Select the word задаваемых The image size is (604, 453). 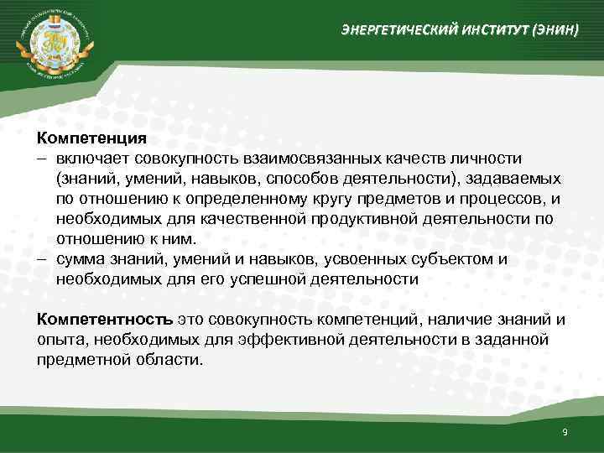(x=520, y=179)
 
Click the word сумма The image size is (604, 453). (x=79, y=259)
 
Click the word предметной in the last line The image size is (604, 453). (x=78, y=360)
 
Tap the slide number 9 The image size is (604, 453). (x=565, y=431)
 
